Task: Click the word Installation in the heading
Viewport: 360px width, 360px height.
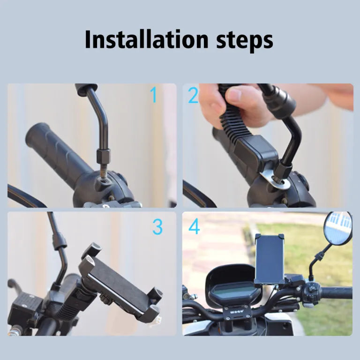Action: [146, 39]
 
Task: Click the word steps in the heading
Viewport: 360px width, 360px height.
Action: [245, 41]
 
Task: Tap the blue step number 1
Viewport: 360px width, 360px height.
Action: [154, 95]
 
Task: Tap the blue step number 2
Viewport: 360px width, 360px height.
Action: [193, 96]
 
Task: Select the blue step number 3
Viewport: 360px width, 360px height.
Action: [157, 227]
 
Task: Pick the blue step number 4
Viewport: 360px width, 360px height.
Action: [194, 227]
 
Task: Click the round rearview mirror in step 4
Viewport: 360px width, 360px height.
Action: [337, 228]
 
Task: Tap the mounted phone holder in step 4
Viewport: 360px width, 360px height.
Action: [270, 259]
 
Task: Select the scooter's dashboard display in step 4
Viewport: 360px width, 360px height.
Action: [234, 294]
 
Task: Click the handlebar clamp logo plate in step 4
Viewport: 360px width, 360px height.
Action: [235, 313]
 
